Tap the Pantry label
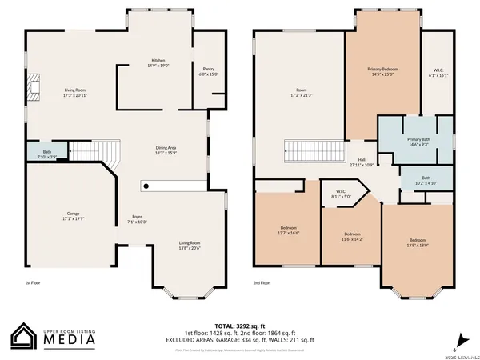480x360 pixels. pyautogui.click(x=208, y=71)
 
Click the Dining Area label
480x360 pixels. pyautogui.click(x=166, y=150)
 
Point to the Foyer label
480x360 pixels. pyautogui.click(x=137, y=218)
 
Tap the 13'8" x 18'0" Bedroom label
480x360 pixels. pyautogui.click(x=418, y=242)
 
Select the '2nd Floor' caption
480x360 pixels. pyautogui.click(x=262, y=282)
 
